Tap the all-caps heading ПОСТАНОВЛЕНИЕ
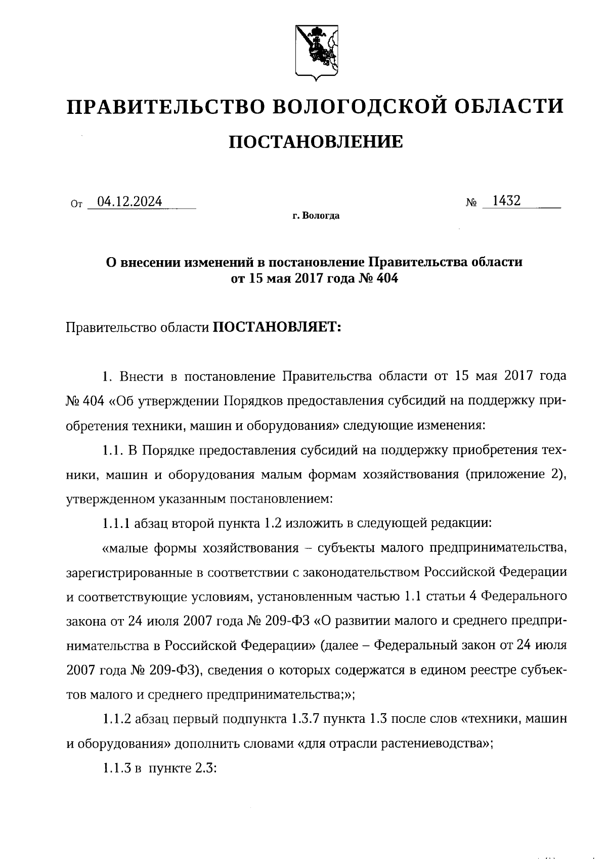coord(316,142)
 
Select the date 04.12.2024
coord(130,201)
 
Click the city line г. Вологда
coord(316,216)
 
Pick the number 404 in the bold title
coord(387,278)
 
